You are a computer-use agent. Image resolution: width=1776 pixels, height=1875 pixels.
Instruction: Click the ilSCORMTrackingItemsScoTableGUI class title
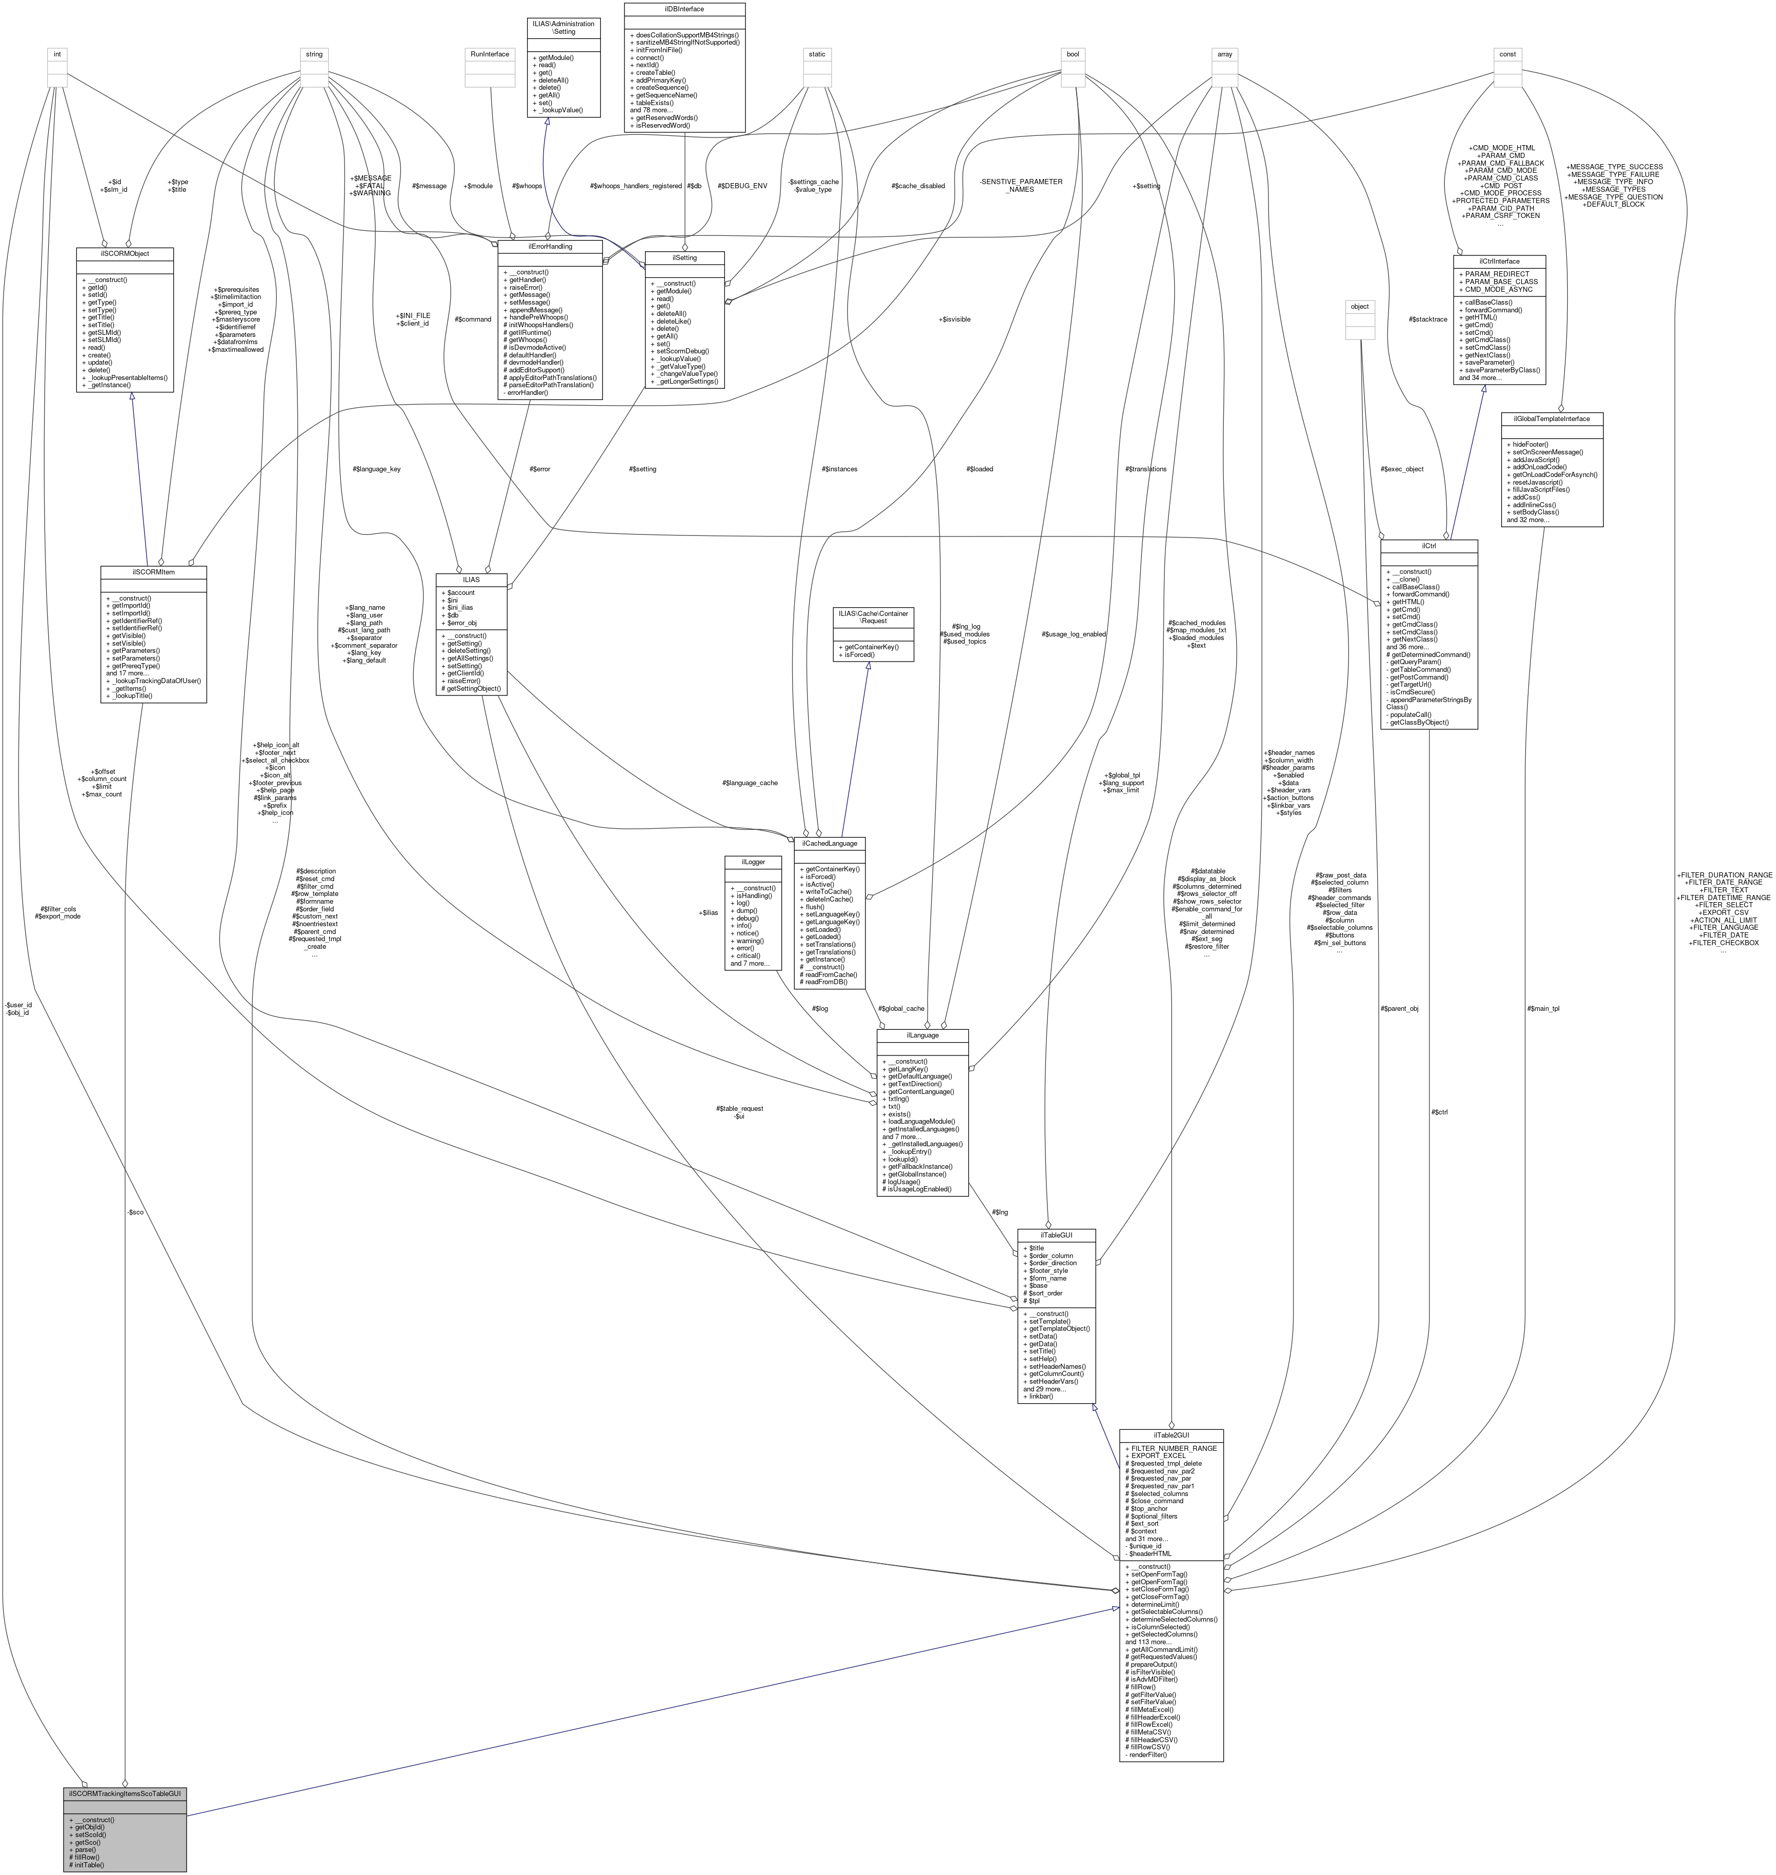coord(124,1793)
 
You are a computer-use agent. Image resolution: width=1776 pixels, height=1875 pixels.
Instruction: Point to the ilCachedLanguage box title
coord(830,842)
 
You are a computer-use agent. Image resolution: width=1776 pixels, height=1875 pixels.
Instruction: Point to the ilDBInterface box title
coord(683,9)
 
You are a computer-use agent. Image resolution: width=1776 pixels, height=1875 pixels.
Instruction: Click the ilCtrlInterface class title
coord(1499,261)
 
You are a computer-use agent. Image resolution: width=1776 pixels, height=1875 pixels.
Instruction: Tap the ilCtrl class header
coord(1428,546)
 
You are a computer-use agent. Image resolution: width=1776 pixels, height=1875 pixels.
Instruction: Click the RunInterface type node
coord(490,54)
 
